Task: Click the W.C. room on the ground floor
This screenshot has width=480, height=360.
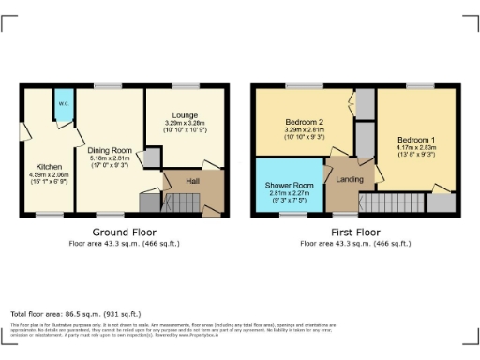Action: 64,106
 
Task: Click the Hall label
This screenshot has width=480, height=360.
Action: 192,181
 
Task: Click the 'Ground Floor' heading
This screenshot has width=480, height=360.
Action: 124,232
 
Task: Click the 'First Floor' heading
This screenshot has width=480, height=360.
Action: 356,232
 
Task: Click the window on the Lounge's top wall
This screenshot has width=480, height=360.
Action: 185,86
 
